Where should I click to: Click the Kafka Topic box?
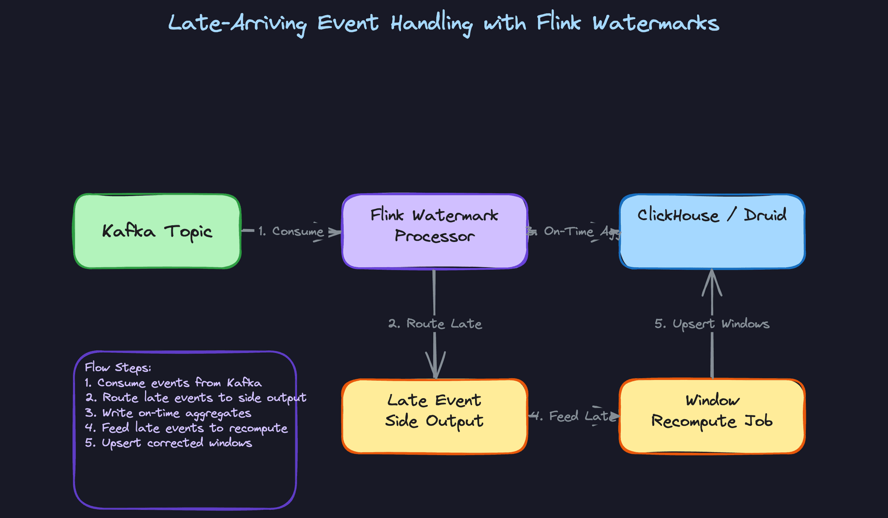coord(157,231)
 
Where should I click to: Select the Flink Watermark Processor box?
coord(435,231)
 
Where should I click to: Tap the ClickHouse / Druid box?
coord(712,231)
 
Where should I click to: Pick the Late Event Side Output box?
coord(435,416)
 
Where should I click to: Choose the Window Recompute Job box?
coord(712,416)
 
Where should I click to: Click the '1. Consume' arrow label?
coord(291,231)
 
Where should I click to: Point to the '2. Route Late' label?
coord(435,324)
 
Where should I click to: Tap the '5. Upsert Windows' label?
coord(712,324)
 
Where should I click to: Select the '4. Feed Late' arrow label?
coord(573,416)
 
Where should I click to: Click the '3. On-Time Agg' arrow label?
coord(573,231)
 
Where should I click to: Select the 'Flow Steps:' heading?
coord(118,368)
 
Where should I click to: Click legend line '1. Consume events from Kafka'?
coord(173,383)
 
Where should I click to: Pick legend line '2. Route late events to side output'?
coord(196,398)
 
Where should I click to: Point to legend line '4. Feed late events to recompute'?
coord(186,428)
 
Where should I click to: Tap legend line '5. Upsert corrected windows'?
coord(169,443)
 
